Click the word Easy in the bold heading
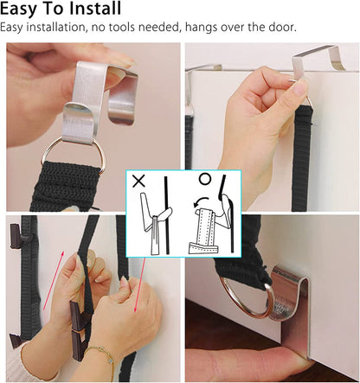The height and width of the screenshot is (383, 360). click(19, 10)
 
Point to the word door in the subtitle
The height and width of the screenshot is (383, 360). click(282, 28)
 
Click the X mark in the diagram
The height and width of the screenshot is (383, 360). click(138, 182)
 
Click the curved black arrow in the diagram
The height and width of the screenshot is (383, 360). click(201, 201)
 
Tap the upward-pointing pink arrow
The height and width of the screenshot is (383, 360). click(54, 280)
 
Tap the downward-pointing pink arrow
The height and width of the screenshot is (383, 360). click(139, 285)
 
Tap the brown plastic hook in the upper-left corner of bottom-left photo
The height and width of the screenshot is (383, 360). click(16, 235)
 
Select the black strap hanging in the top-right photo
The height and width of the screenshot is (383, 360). click(302, 158)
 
